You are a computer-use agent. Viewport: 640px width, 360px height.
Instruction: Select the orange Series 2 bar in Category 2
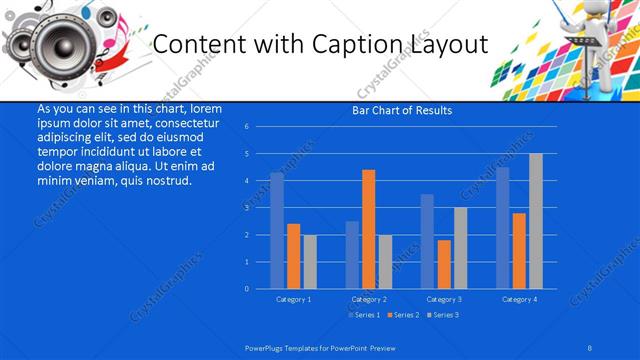pos(369,229)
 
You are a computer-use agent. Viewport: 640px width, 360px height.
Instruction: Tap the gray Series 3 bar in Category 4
pos(536,221)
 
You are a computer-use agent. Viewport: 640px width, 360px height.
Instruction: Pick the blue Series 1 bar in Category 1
pos(277,230)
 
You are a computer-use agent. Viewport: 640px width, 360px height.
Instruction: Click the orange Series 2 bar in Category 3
pos(444,264)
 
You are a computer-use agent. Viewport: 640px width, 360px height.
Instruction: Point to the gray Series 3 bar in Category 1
pos(310,261)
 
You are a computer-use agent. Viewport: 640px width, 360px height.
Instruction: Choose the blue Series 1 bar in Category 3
pos(427,241)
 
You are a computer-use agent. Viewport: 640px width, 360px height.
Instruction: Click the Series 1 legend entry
pos(366,315)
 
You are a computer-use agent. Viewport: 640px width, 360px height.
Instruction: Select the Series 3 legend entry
pos(442,315)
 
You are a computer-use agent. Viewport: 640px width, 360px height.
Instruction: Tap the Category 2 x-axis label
pos(369,299)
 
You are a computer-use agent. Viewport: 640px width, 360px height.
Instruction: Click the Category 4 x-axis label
pos(519,299)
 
